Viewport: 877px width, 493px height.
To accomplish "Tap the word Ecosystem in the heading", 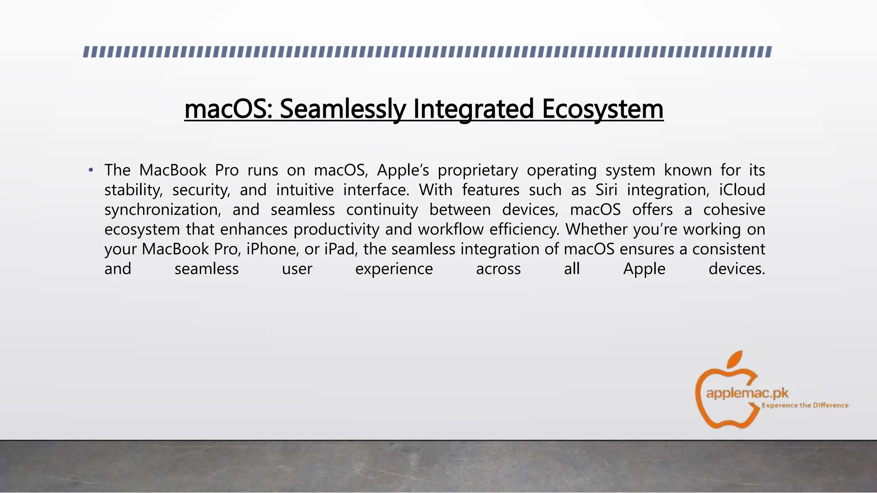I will tap(603, 109).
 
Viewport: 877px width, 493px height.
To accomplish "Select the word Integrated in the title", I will tap(473, 109).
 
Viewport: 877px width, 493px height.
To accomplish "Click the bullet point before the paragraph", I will tap(90, 171).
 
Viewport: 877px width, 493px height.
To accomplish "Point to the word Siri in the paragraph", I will tap(606, 190).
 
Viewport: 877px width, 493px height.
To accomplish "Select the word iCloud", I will tap(742, 190).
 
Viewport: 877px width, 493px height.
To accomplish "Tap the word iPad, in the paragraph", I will tap(341, 249).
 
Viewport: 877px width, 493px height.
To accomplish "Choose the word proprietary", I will tap(477, 171).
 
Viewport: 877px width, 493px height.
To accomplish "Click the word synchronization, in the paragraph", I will tap(163, 210).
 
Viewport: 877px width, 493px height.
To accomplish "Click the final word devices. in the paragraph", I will tap(737, 269).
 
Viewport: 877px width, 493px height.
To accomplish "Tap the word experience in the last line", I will tap(394, 269).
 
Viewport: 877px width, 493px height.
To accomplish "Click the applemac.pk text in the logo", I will tap(747, 392).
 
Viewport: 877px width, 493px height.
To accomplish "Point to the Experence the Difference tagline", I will tap(805, 405).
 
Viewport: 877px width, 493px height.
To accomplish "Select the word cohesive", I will tap(734, 210).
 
